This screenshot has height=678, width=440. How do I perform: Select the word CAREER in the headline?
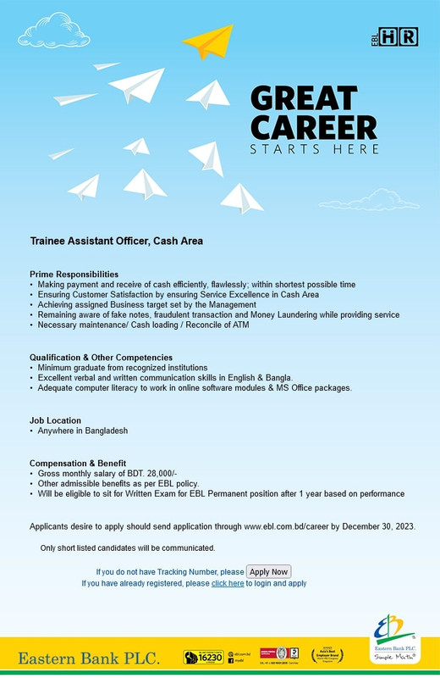tap(314, 128)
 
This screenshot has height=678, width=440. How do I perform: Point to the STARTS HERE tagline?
tap(314, 150)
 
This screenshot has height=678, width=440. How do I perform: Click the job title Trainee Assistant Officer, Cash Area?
tap(117, 241)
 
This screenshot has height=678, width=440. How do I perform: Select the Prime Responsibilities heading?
tap(74, 275)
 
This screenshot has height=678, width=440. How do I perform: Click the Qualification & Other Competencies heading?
tap(101, 358)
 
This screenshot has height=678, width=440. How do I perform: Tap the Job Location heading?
tap(56, 420)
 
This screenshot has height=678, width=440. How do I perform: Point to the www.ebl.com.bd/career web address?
tap(286, 526)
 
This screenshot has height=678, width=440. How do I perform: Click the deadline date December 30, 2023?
tap(377, 526)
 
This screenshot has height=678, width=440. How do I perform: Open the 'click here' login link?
tap(228, 584)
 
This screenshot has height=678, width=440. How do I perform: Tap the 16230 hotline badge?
tap(203, 657)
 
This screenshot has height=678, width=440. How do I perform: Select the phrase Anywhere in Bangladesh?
tap(83, 431)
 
